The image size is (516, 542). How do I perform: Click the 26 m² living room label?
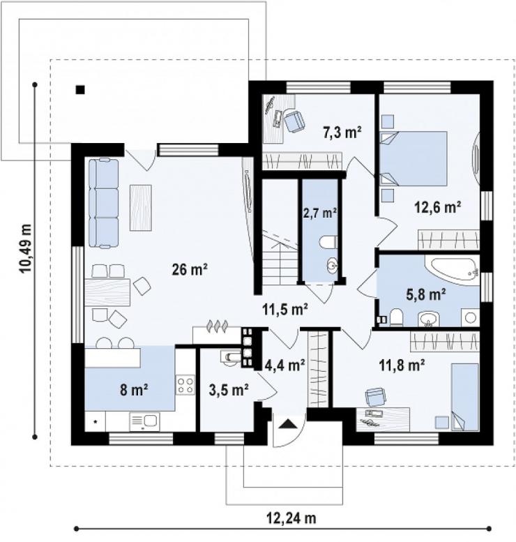(190, 269)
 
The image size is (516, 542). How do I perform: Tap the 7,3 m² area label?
(342, 132)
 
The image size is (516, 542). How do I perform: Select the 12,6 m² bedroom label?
(437, 207)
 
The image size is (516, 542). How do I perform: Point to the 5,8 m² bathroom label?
(425, 295)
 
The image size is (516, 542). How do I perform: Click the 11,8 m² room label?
(402, 365)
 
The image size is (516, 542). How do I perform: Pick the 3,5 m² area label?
(229, 390)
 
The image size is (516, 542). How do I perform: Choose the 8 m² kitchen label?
(134, 390)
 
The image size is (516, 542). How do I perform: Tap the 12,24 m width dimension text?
(291, 518)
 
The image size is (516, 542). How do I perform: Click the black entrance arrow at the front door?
(287, 424)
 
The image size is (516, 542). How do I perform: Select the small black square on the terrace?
(80, 90)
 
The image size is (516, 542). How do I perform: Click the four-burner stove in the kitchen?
(185, 386)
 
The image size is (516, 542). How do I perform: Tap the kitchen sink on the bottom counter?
(144, 422)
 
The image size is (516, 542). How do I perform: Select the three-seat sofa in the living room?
(104, 203)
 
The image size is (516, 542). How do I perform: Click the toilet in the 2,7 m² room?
(328, 242)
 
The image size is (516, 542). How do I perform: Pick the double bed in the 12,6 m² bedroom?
(413, 158)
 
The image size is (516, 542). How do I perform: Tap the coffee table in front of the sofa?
(141, 208)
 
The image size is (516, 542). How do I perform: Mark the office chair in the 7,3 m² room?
(294, 121)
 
